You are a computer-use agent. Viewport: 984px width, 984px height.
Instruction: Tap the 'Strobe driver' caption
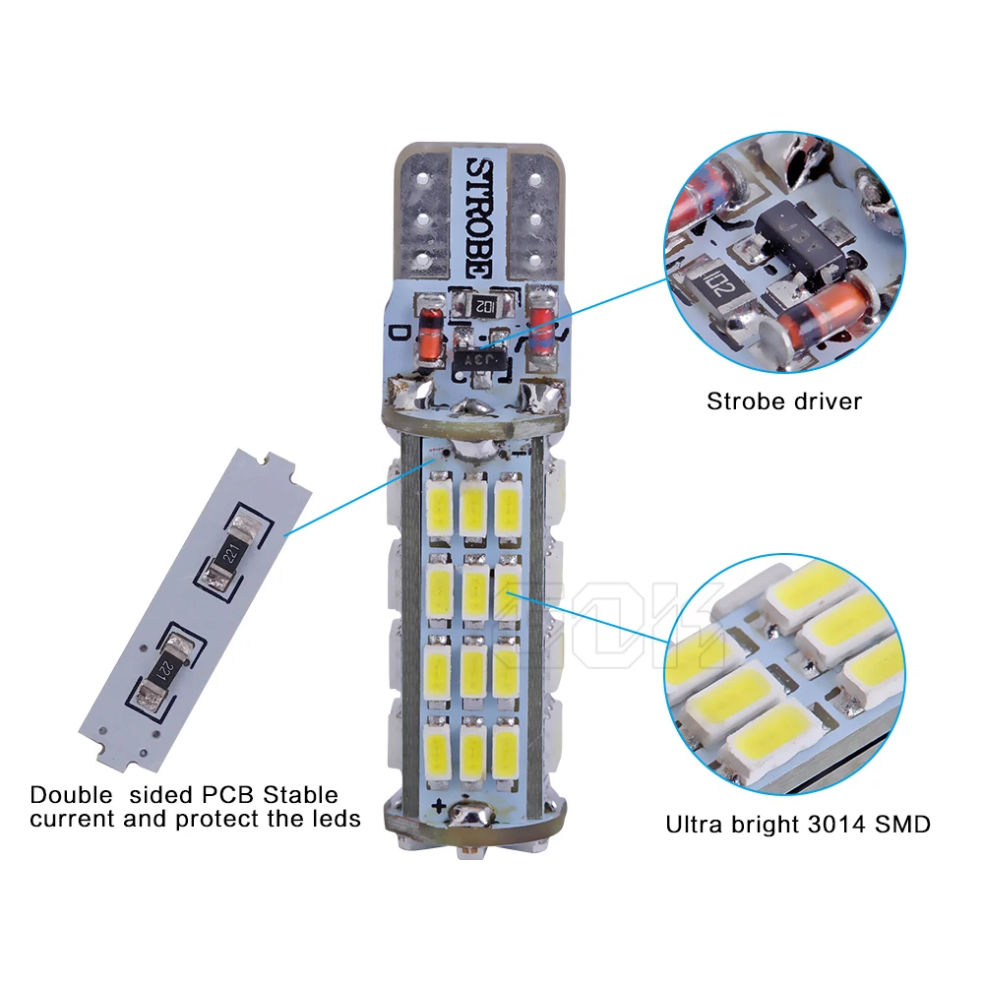click(784, 400)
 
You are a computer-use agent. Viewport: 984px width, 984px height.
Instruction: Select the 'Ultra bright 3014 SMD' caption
click(798, 824)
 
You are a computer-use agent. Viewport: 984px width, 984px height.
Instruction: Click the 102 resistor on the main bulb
click(484, 305)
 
